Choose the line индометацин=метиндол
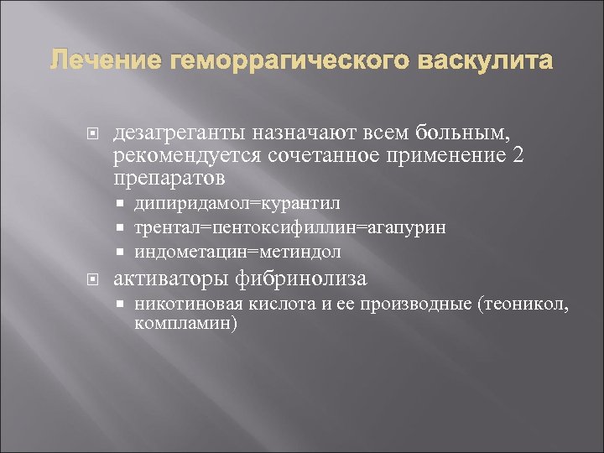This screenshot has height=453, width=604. (x=237, y=251)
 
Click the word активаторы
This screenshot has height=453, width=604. (x=176, y=279)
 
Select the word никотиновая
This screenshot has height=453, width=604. (x=179, y=306)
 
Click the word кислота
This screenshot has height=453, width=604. (x=261, y=306)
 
